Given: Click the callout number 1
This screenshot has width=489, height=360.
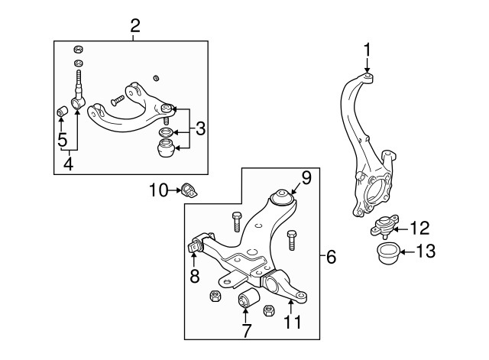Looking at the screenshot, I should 368,51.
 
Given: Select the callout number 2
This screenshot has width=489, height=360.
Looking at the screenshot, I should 134,25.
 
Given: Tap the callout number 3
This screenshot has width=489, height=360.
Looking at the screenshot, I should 200,128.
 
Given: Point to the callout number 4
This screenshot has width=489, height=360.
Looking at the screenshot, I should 69,162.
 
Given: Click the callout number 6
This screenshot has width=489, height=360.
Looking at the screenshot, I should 330,257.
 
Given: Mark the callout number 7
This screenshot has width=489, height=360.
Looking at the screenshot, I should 247,331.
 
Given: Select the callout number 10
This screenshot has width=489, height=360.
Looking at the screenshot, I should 157,189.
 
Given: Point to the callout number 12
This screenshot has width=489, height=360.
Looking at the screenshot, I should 419,227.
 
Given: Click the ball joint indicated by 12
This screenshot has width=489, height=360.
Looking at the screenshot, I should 384,226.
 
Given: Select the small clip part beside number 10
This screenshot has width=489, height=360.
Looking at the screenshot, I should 189,190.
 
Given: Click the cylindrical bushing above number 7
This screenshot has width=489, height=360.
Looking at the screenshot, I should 247,297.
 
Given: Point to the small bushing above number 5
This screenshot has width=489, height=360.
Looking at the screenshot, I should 63,114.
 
